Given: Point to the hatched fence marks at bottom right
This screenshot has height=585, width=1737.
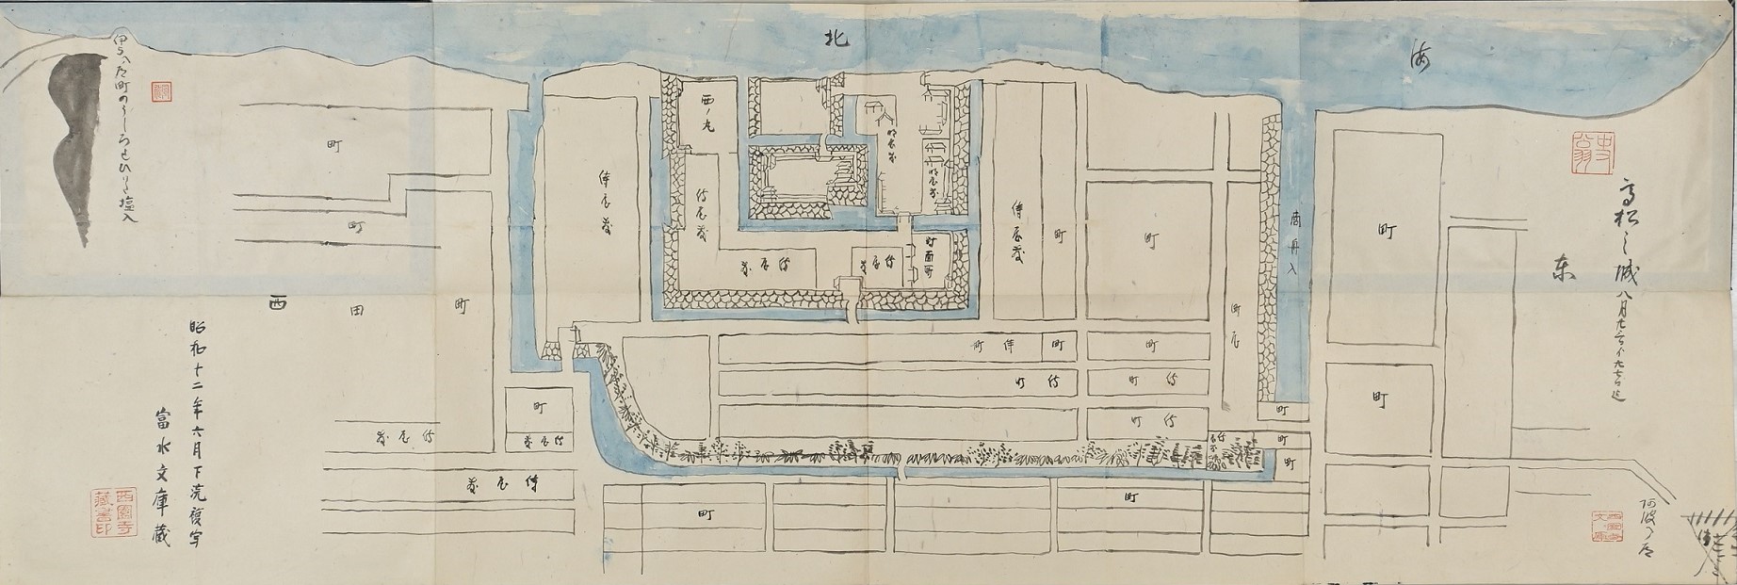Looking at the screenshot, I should tap(1707, 524).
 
